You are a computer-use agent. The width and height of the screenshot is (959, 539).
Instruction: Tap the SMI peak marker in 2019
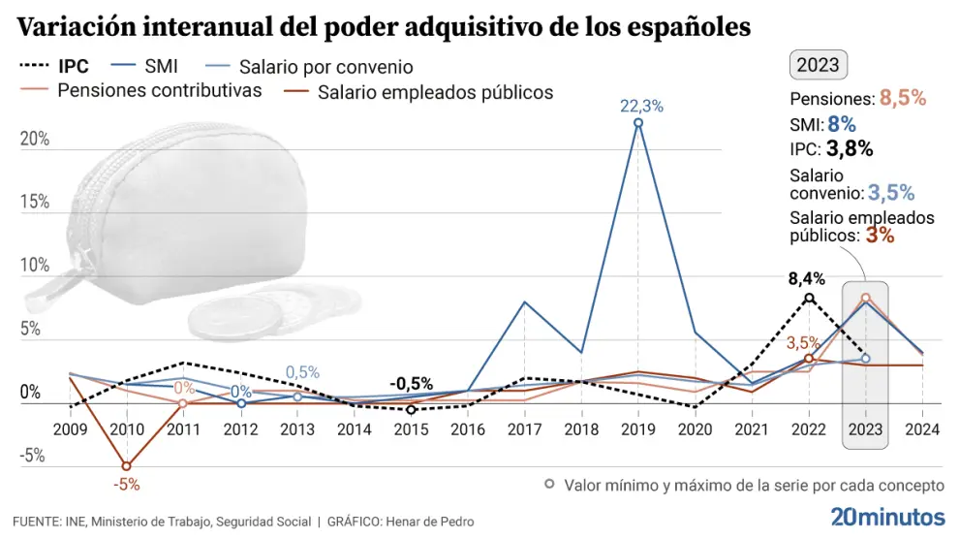coord(638,123)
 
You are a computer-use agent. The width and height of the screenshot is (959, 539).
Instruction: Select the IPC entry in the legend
coord(54,67)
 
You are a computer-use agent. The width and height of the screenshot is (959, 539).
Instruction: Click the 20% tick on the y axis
coord(35,139)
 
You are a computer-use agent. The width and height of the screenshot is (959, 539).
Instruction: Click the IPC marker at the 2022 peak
coord(809,299)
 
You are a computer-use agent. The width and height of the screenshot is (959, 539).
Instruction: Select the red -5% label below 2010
coord(125,484)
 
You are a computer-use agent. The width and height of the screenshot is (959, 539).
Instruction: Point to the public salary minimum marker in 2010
coord(126,466)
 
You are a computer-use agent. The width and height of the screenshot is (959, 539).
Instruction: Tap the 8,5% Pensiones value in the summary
coord(903,99)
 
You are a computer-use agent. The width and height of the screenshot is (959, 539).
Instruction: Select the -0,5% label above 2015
coord(411,384)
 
